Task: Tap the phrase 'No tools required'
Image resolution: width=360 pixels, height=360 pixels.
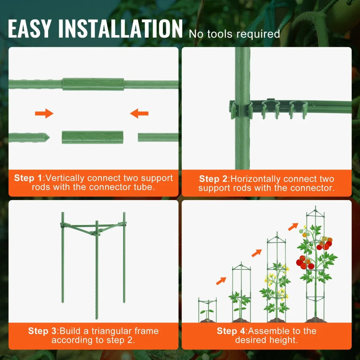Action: tap(234, 34)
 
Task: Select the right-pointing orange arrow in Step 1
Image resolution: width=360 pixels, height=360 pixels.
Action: tap(44, 113)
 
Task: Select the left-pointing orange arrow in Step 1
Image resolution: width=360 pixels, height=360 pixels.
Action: tap(139, 113)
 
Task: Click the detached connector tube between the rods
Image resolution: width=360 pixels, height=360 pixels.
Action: tap(93, 137)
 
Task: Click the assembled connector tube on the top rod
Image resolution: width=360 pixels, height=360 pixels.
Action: tap(93, 84)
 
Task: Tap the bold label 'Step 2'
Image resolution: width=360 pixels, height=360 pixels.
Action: tap(213, 179)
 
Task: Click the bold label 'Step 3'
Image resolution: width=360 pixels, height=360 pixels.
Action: tap(43, 331)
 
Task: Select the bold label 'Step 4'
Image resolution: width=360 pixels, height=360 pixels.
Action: tap(231, 331)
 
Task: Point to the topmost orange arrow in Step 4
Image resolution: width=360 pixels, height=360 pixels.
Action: tap(293, 227)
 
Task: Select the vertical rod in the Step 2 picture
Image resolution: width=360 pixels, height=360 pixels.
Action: tap(242, 141)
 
